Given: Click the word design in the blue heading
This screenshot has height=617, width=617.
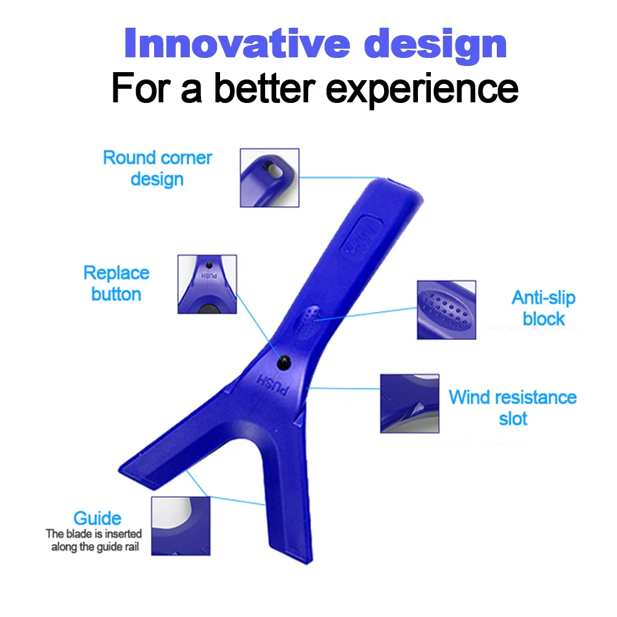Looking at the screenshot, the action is (x=436, y=45).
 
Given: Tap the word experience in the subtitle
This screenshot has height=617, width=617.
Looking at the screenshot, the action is (x=422, y=89).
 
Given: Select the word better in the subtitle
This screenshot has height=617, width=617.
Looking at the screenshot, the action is (x=264, y=88).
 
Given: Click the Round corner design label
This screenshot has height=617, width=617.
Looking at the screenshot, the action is (x=157, y=168).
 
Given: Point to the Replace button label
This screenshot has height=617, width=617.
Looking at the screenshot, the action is (x=116, y=284).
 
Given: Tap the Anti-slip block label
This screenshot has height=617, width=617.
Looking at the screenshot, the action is (x=544, y=308).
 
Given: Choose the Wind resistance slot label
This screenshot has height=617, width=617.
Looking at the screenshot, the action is (x=513, y=407).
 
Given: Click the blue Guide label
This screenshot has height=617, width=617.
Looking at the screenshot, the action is (x=97, y=518).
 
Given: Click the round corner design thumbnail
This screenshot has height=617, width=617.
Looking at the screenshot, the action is (x=269, y=178).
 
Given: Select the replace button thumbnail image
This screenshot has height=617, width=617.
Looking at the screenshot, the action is (x=207, y=284).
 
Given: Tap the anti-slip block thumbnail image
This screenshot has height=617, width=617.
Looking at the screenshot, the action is (x=446, y=309).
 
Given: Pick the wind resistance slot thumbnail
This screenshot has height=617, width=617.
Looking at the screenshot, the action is (x=410, y=403).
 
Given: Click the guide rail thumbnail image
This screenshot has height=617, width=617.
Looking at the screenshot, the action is (x=181, y=526).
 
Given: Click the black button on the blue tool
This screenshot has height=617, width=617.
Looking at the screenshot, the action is (x=284, y=362).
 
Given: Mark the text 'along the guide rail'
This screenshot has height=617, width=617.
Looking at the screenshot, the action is (x=95, y=547).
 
